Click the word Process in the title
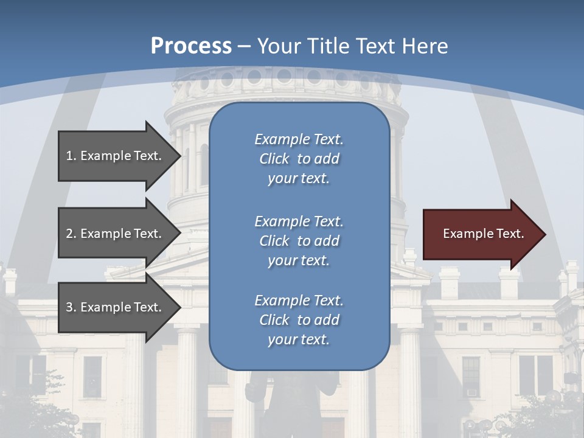[191, 46]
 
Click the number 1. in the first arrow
[71, 156]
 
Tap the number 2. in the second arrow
[71, 234]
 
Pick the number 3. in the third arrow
[71, 307]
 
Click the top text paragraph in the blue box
[299, 159]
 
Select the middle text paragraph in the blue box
[299, 241]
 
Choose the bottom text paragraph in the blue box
[299, 320]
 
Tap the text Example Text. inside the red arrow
[484, 234]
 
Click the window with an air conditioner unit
[471, 377]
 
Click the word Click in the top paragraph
[274, 159]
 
